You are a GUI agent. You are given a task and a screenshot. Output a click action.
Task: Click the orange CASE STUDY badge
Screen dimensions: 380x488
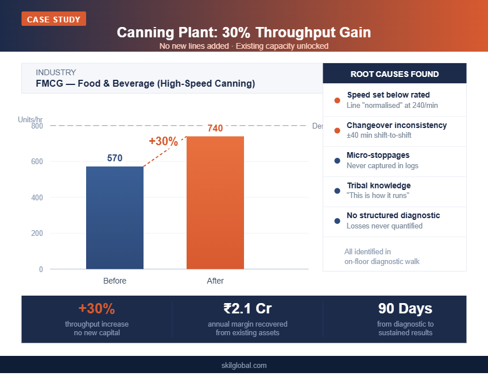(x=54, y=19)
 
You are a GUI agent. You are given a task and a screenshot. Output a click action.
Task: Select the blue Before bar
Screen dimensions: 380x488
(x=115, y=218)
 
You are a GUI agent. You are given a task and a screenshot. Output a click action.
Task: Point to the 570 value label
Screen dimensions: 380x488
(x=115, y=158)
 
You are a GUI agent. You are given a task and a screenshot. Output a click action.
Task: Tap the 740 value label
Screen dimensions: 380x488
(x=215, y=129)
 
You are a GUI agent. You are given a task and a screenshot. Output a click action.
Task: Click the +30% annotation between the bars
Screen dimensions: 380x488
(x=163, y=141)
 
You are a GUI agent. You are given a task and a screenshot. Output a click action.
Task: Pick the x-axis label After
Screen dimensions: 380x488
(x=215, y=281)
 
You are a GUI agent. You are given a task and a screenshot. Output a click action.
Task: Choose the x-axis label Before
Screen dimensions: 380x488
(x=115, y=281)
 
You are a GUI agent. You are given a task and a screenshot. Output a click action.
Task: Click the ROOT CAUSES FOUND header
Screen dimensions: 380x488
(x=394, y=74)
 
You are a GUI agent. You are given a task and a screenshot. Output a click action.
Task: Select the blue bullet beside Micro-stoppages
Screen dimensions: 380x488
(x=337, y=161)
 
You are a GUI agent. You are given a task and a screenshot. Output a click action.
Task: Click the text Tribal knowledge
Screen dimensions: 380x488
(x=378, y=185)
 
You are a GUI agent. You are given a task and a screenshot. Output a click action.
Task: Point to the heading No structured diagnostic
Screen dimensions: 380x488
(x=393, y=215)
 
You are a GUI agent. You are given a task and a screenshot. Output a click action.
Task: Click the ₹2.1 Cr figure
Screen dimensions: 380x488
(x=247, y=309)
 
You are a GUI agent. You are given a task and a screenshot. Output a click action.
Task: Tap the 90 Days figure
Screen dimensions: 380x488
(x=405, y=309)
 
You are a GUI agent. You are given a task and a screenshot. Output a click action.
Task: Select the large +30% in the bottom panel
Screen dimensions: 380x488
(x=97, y=309)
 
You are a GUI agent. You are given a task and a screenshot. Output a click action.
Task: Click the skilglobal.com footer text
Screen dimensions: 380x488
(x=244, y=365)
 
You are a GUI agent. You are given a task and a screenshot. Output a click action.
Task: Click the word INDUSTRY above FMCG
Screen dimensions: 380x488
(x=56, y=72)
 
